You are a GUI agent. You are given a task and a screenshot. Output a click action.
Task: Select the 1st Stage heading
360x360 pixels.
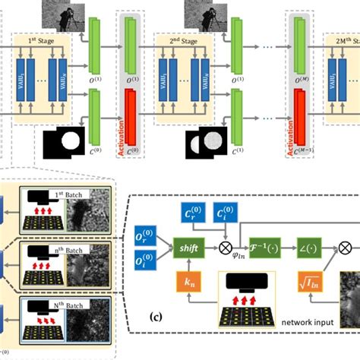(x=41, y=39)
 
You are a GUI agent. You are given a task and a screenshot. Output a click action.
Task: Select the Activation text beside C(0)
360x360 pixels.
(x=120, y=132)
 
